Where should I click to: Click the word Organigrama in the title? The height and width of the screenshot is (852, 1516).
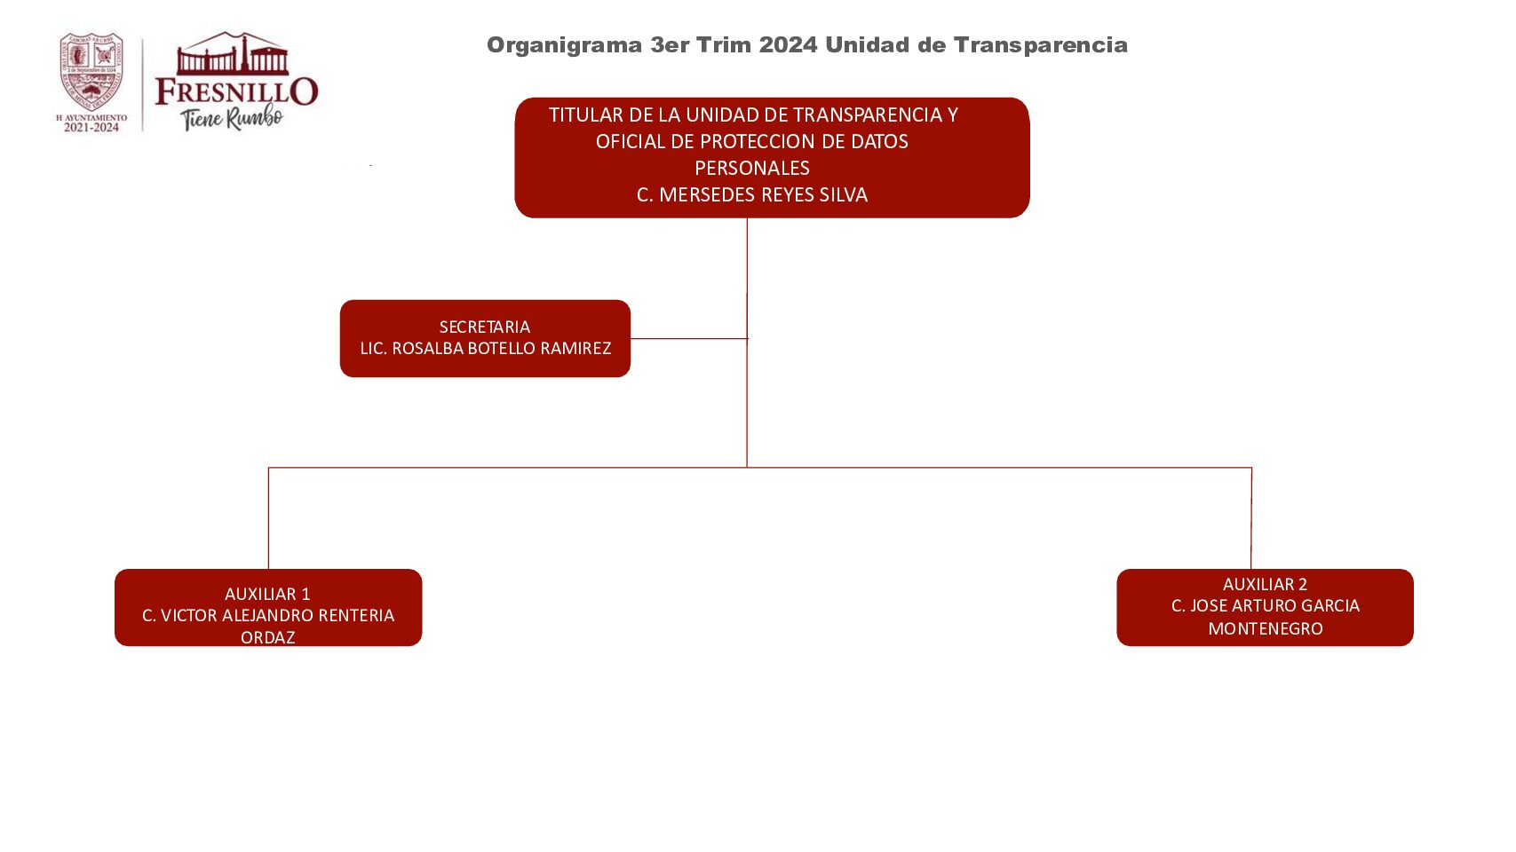(565, 45)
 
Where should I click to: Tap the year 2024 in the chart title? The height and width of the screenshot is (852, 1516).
(789, 44)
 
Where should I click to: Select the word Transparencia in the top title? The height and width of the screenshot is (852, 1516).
(1041, 44)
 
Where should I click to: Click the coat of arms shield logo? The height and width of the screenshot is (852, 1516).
(91, 72)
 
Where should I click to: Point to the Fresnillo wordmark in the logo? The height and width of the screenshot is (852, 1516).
(236, 91)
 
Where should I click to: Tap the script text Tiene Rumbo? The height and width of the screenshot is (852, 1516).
(232, 118)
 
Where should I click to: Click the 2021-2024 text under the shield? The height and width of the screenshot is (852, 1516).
(91, 128)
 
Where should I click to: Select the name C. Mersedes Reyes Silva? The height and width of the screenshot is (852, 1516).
(752, 194)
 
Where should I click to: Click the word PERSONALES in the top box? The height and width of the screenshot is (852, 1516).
(752, 168)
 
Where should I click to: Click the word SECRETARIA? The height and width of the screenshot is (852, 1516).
(485, 327)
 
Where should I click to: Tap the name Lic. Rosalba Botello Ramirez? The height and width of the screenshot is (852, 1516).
(485, 348)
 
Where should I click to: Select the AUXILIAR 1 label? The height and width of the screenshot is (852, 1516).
(267, 595)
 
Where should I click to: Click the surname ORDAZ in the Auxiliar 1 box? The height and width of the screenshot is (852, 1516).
(267, 637)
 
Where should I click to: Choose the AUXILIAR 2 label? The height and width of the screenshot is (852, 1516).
(1265, 584)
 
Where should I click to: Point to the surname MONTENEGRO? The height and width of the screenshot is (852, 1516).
(1266, 629)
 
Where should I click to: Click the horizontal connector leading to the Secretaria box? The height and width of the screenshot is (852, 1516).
(689, 339)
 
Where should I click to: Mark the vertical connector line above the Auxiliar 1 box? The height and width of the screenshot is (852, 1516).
(269, 518)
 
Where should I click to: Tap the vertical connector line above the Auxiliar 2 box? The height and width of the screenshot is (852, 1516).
(1251, 518)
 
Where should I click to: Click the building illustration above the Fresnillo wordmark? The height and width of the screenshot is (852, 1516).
(233, 53)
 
